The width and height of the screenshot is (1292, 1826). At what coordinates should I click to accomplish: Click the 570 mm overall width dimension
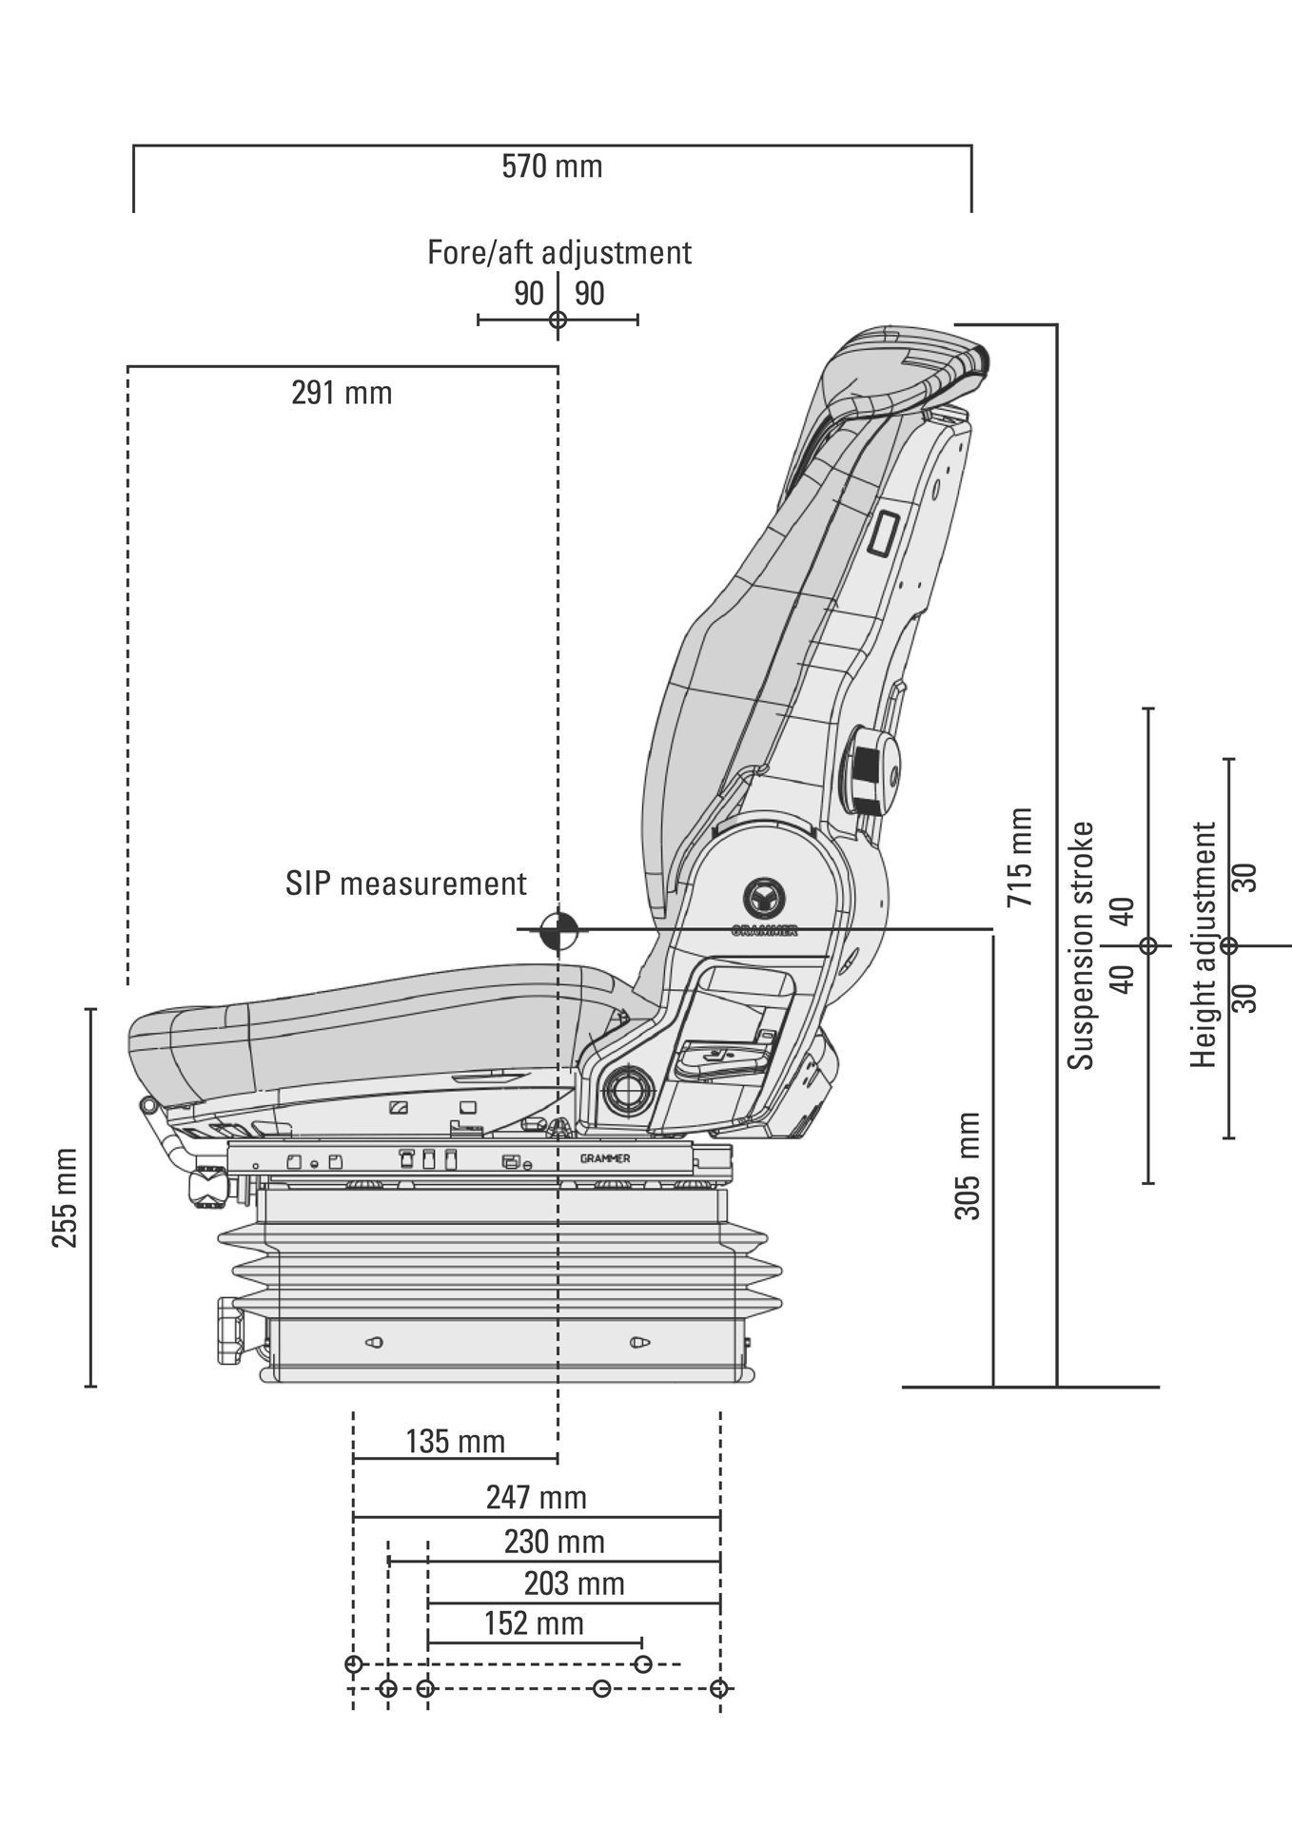click(552, 166)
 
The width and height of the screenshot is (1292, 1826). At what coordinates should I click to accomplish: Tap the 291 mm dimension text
click(342, 393)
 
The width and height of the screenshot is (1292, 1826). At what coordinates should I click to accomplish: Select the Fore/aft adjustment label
click(559, 253)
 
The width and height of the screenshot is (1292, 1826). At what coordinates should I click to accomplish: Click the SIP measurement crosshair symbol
click(558, 930)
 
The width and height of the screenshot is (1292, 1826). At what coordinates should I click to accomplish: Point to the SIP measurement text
click(406, 884)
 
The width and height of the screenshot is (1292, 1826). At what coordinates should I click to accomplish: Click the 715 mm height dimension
click(1020, 856)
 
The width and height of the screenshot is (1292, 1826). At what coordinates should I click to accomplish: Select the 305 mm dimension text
click(968, 1166)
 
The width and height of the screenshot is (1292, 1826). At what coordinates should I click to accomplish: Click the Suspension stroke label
click(1081, 945)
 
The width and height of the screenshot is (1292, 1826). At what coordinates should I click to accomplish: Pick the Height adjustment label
click(1204, 944)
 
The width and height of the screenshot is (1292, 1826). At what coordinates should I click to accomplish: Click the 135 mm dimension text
click(455, 1442)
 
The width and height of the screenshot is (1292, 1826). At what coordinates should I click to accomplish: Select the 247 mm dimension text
click(537, 1498)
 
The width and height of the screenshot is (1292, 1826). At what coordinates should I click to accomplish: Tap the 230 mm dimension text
click(555, 1542)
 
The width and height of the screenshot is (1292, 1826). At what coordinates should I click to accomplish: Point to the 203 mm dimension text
click(575, 1584)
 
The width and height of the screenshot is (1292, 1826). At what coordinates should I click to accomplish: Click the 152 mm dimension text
click(534, 1623)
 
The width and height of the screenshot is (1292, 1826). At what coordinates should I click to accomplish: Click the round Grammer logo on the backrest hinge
click(765, 897)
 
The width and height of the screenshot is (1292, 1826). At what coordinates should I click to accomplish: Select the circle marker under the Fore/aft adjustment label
click(558, 320)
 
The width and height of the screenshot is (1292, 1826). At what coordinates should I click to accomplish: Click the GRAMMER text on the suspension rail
click(605, 1158)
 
